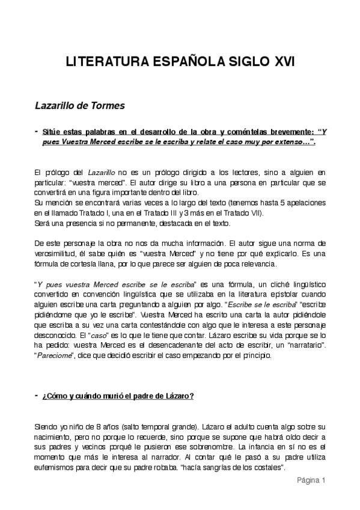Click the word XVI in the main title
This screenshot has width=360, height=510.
click(x=280, y=62)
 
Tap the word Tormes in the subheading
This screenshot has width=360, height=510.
click(x=107, y=106)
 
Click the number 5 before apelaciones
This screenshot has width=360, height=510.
click(x=281, y=204)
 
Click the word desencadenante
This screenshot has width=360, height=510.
click(x=160, y=345)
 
